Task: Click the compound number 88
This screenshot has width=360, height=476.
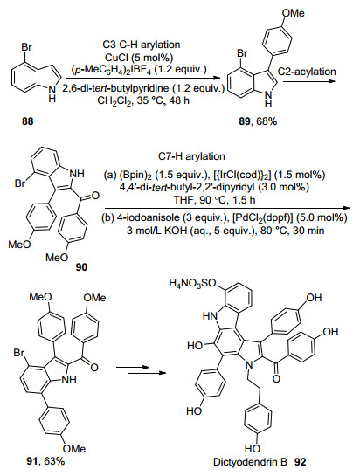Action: click(28, 121)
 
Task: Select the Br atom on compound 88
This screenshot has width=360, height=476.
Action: click(26, 48)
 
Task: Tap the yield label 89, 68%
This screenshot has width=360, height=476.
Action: click(258, 121)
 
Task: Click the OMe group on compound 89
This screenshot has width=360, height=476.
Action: click(293, 13)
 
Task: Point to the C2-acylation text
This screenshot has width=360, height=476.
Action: click(307, 72)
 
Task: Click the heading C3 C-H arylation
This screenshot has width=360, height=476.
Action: click(141, 45)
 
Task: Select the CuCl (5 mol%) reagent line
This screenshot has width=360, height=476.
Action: click(141, 57)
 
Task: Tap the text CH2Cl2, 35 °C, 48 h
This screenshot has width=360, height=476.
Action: click(142, 100)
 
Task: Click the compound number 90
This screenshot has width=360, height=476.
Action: click(81, 267)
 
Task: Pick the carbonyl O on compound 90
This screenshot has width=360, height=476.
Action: click(95, 196)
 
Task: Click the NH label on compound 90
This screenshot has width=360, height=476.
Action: click(77, 175)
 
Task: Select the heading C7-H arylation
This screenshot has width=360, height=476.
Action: click(191, 156)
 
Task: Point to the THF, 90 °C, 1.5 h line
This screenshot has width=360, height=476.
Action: click(214, 200)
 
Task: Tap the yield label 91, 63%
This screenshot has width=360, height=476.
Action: click(46, 461)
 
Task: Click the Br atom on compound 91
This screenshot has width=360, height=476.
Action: click(19, 354)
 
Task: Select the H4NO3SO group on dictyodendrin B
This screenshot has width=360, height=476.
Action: click(192, 285)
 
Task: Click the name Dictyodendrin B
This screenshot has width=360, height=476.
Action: click(250, 462)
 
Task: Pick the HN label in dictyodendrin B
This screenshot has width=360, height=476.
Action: click(210, 316)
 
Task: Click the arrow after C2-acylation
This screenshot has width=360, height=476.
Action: click(309, 81)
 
